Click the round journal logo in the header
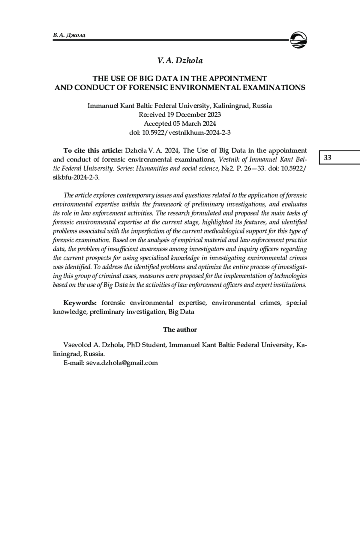[298, 40]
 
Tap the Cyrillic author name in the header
[69, 35]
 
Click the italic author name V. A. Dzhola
[180, 61]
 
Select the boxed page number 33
[328, 158]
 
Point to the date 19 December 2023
[194, 114]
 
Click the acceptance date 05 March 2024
[194, 123]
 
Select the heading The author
[180, 330]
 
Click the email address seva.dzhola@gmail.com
[122, 363]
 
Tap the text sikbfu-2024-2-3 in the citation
[76, 177]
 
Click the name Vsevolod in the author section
[76, 345]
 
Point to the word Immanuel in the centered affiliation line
[102, 106]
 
